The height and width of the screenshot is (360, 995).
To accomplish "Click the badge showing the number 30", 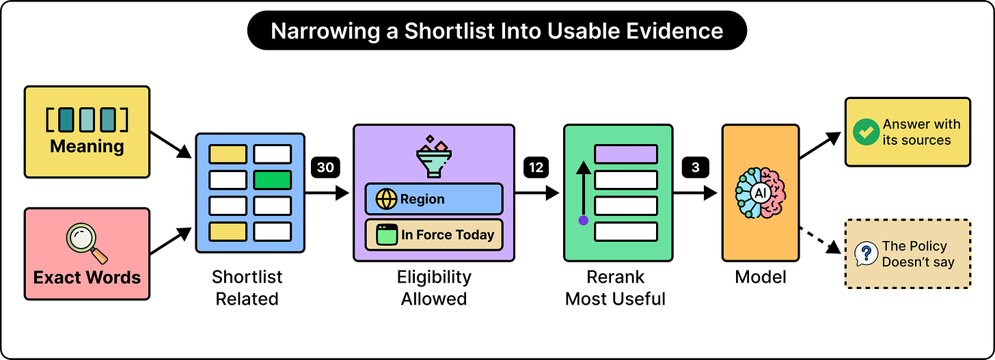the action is coord(325,167).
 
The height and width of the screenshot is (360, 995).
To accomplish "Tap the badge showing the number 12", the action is coord(536,167).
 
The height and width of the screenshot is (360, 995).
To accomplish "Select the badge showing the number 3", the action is coord(695,167).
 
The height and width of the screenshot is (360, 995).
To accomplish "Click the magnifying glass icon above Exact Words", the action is coord(87,243).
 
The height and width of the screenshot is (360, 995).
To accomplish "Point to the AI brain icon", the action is coord(761,193).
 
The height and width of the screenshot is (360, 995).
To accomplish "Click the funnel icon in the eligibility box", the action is coord(433,156).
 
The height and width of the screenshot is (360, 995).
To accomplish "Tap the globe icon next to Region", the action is coord(386,199).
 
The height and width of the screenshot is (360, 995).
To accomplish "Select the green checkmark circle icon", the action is coord(867,132).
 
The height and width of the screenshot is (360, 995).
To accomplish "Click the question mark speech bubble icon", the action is coord(867,253).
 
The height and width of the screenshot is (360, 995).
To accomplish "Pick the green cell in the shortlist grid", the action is coord(272,180).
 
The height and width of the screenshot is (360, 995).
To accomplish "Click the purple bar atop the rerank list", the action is coord(626,154).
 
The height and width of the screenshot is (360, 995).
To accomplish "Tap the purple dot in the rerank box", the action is coord(584,220).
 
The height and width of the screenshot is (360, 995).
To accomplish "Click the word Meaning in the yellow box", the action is coord(87,146).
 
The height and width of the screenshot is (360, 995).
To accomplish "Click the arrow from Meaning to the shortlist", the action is coord(171,145).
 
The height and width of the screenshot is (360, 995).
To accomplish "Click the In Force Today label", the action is coord(448,234).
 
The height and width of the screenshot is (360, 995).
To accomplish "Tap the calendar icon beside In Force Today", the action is coord(387,234).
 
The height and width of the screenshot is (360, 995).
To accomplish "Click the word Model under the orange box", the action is coord(761,277).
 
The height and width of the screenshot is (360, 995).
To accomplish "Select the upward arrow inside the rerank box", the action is coord(584,190).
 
